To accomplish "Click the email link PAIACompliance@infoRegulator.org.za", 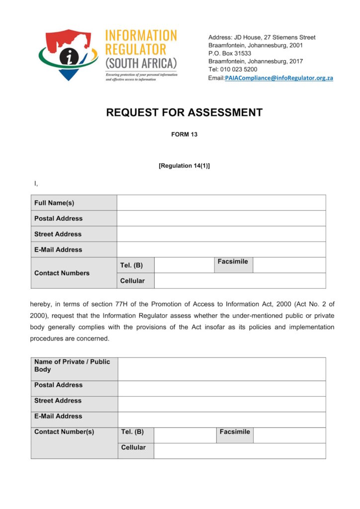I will pyautogui.click(x=279, y=78).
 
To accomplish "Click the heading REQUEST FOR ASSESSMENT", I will pyautogui.click(x=184, y=113).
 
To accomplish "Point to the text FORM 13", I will pyautogui.click(x=184, y=134).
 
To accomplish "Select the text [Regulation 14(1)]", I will pyautogui.click(x=184, y=166).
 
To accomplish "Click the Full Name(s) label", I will pyautogui.click(x=54, y=203).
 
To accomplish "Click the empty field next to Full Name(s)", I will pyautogui.click(x=221, y=203).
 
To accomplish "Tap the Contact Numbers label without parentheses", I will pyautogui.click(x=62, y=273).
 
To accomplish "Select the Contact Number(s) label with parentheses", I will pyautogui.click(x=64, y=432).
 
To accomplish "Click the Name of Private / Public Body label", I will pyautogui.click(x=72, y=365).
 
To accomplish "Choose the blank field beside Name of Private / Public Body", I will pyautogui.click(x=222, y=369).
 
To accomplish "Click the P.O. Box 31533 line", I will pyautogui.click(x=230, y=53).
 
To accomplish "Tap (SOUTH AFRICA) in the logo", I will pyautogui.click(x=141, y=64).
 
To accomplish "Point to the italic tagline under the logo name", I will pyautogui.click(x=141, y=77).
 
